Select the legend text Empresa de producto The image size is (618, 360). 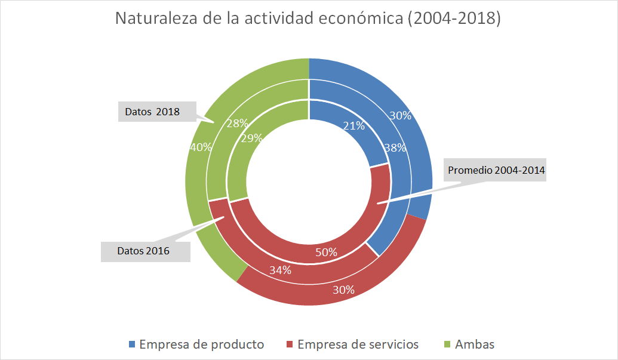(201, 344)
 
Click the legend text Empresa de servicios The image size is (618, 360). (358, 344)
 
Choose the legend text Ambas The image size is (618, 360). (475, 344)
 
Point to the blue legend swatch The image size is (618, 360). (132, 344)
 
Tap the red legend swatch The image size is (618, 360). (290, 344)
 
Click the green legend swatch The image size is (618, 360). (447, 344)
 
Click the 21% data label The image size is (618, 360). (353, 126)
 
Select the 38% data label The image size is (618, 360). (395, 147)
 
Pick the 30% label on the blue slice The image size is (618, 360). (400, 116)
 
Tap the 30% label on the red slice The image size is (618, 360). (343, 290)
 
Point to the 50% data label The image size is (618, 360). (326, 253)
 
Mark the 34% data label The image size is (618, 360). (280, 270)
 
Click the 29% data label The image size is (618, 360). (251, 139)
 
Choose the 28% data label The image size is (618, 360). (237, 124)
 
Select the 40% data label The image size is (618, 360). (200, 147)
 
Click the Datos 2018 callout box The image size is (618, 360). (157, 111)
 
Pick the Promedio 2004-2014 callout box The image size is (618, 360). (497, 170)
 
